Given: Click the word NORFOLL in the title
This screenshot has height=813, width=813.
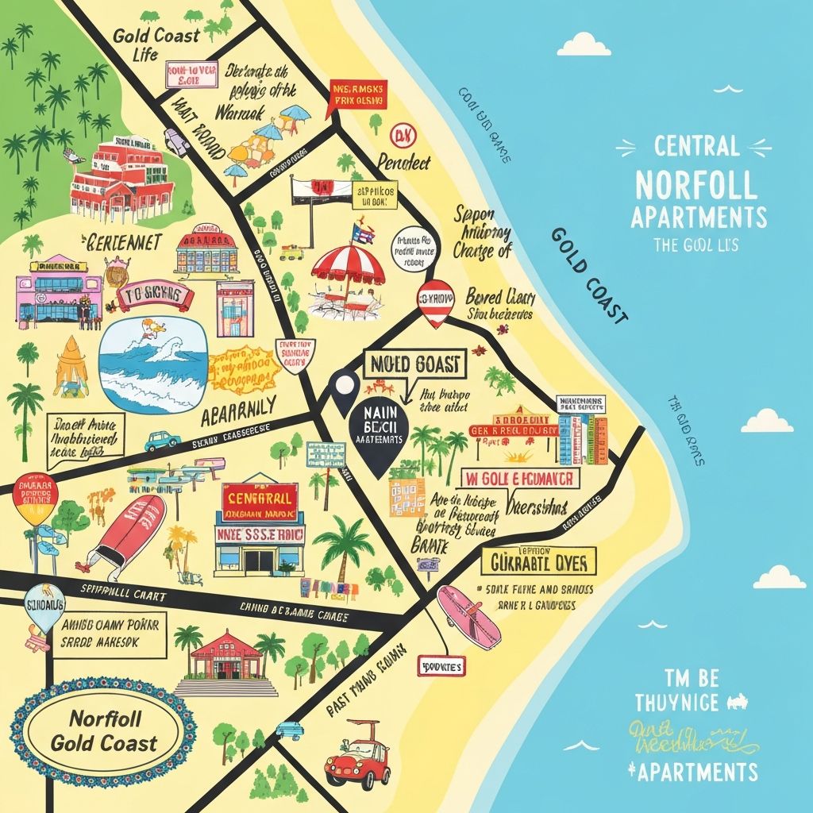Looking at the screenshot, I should (x=695, y=184).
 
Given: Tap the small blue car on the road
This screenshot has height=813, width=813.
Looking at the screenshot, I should (x=162, y=439).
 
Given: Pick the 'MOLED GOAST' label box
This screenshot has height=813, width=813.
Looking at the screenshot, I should (x=414, y=365).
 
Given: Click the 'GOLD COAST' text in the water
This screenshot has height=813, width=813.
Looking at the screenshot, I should (x=588, y=275).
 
